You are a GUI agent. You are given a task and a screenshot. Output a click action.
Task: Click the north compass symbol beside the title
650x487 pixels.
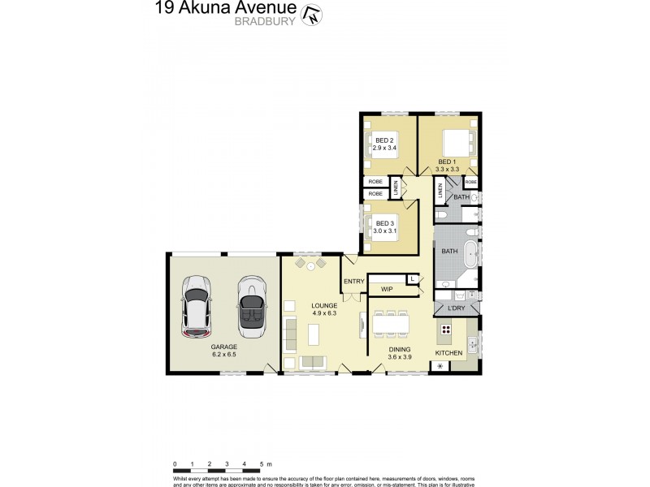tap(310, 14)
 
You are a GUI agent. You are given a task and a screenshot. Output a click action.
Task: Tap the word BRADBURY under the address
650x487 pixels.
tap(265, 22)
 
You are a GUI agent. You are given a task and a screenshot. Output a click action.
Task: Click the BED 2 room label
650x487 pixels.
tap(384, 141)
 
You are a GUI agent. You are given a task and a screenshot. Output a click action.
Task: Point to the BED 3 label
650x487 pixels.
tap(385, 222)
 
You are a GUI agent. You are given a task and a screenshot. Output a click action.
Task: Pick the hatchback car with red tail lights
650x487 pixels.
tap(197, 307)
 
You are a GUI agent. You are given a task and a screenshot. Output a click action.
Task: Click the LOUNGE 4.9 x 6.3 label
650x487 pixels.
tap(324, 309)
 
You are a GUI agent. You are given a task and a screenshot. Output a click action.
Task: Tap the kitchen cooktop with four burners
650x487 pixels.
tap(447, 330)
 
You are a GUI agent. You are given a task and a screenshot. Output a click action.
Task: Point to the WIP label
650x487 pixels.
tap(387, 289)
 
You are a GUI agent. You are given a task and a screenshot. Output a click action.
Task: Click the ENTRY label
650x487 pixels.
tap(354, 282)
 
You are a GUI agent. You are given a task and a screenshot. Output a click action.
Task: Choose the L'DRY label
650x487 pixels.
tap(455, 308)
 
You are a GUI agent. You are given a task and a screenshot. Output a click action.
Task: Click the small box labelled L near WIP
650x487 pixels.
tap(413, 279)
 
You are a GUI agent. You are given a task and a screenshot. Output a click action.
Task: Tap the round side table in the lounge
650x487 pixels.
tap(310, 265)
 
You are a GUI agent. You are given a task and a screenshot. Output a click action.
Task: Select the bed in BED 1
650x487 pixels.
tap(457, 144)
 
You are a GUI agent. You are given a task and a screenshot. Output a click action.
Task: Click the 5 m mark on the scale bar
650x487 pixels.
tap(262, 464)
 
